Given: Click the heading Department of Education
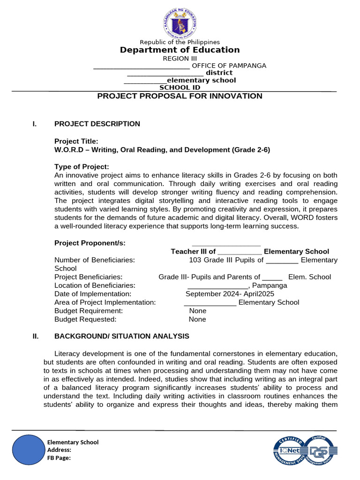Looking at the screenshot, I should point(180,50).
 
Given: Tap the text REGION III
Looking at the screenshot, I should point(180,59).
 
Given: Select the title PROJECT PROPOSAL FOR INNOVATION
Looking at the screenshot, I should point(180,96).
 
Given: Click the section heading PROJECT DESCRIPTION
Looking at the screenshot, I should point(97,124).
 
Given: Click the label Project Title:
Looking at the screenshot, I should point(76,141).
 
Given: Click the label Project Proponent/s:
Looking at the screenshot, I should point(90,243).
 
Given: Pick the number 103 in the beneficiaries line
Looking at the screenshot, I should point(195,260).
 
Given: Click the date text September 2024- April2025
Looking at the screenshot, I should point(230,294).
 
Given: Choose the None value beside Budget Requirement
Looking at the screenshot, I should point(197,311).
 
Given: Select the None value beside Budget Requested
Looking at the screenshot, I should point(197,319).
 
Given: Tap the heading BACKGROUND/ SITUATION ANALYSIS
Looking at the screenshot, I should point(122,336).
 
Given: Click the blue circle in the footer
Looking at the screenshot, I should point(29,450).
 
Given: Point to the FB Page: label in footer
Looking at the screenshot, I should point(59,458).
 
